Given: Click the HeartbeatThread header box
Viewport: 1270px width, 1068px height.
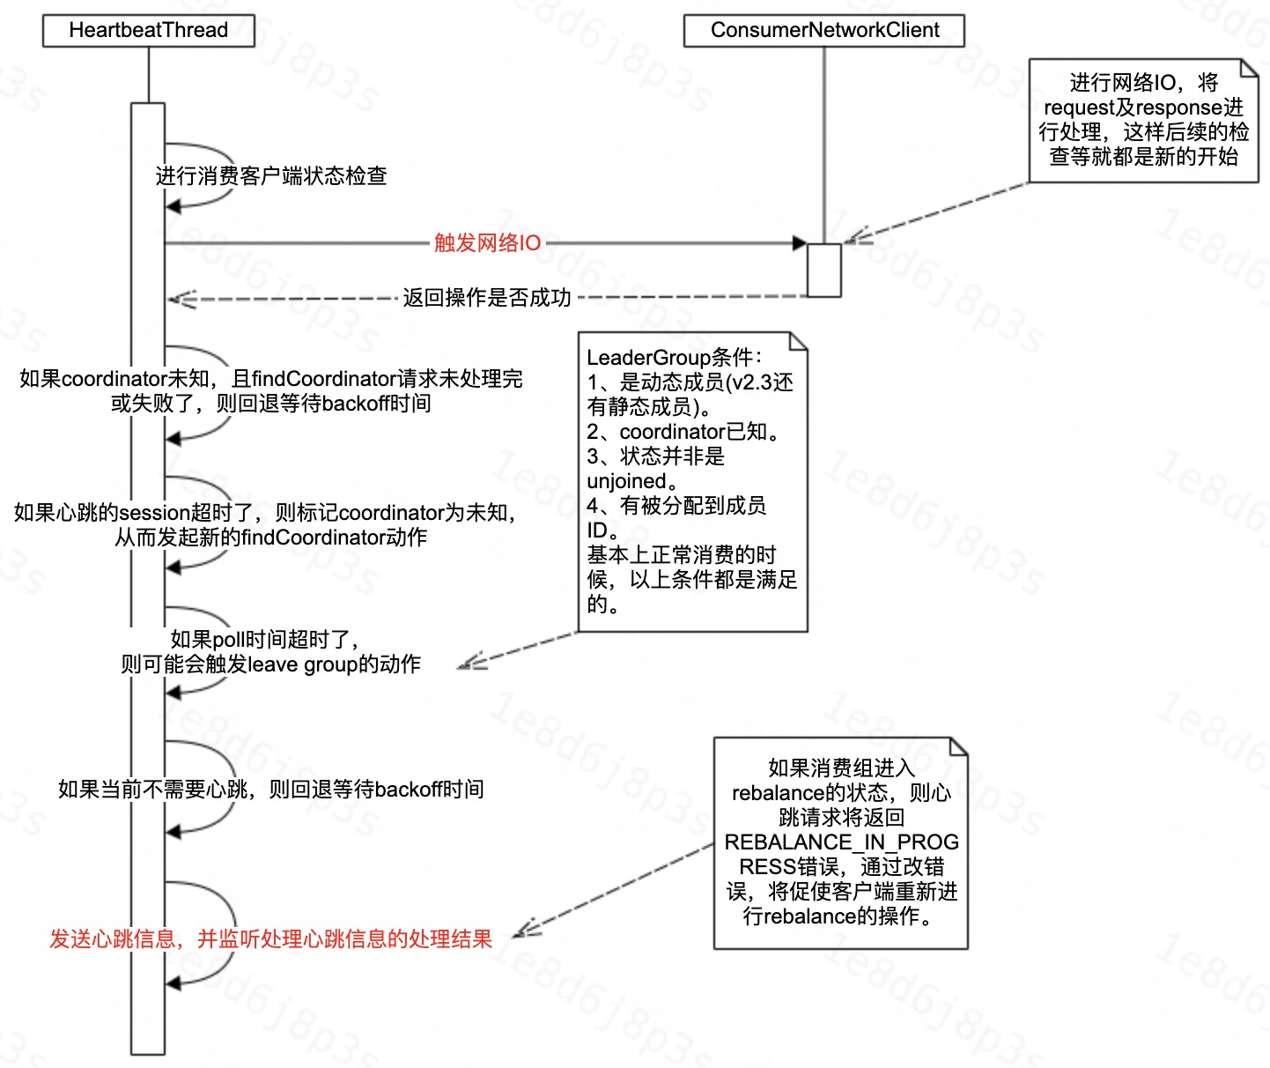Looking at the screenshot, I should pyautogui.click(x=148, y=31).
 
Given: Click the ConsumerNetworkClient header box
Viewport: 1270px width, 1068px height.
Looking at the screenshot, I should pyautogui.click(x=823, y=31).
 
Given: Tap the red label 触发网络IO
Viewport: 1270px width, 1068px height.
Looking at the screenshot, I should pyautogui.click(x=487, y=243).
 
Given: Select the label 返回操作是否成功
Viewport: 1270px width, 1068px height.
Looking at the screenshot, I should pyautogui.click(x=487, y=298).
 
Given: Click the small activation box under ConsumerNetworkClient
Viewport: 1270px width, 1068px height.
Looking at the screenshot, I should pyautogui.click(x=824, y=270).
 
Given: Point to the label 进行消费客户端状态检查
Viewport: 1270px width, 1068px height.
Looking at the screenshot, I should pyautogui.click(x=271, y=176).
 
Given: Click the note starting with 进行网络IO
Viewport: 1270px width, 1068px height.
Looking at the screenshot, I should pyautogui.click(x=1143, y=121).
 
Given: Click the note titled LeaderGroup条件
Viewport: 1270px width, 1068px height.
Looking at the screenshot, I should pyautogui.click(x=692, y=481).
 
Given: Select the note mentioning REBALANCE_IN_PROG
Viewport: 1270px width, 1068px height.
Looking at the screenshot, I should pyautogui.click(x=840, y=842).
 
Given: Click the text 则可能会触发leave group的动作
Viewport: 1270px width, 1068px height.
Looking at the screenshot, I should pyautogui.click(x=270, y=664).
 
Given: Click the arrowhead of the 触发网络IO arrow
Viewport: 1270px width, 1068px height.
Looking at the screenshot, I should pyautogui.click(x=800, y=243).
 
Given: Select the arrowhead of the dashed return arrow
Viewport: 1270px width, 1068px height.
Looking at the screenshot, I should pyautogui.click(x=176, y=299).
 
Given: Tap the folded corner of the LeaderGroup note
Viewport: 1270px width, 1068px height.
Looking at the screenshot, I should pyautogui.click(x=799, y=340).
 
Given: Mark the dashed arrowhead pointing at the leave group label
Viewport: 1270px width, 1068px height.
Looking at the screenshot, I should pyautogui.click(x=467, y=664).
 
